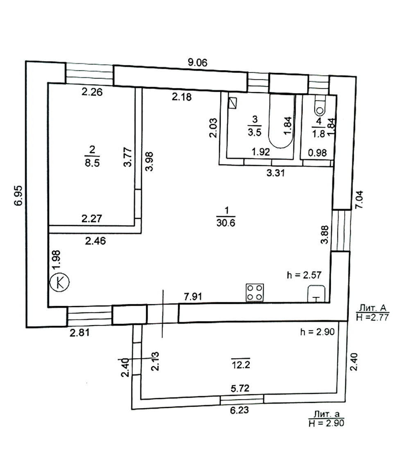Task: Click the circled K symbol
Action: click(x=60, y=282)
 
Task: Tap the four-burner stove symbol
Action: click(x=255, y=293)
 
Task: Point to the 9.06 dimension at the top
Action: click(x=197, y=63)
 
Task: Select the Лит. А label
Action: click(x=372, y=308)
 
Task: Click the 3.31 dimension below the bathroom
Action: click(x=276, y=173)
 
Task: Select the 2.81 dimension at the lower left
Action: click(x=79, y=333)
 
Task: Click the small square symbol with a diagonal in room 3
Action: click(x=233, y=103)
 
